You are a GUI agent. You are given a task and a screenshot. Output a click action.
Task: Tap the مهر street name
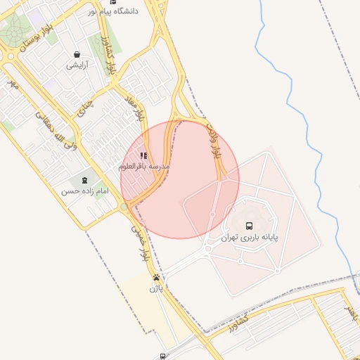pyautogui.click(x=12, y=84)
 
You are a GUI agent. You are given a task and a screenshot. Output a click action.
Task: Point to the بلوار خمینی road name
pyautogui.click(x=141, y=243)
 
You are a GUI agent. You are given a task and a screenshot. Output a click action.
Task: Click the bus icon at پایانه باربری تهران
pyautogui.click(x=249, y=226)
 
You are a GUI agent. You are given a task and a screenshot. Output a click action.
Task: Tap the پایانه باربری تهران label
pyautogui.click(x=250, y=238)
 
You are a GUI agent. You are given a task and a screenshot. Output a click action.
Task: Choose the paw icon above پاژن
pyautogui.click(x=155, y=277)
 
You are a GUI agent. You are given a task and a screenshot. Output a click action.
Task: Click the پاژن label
pyautogui.click(x=155, y=288)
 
